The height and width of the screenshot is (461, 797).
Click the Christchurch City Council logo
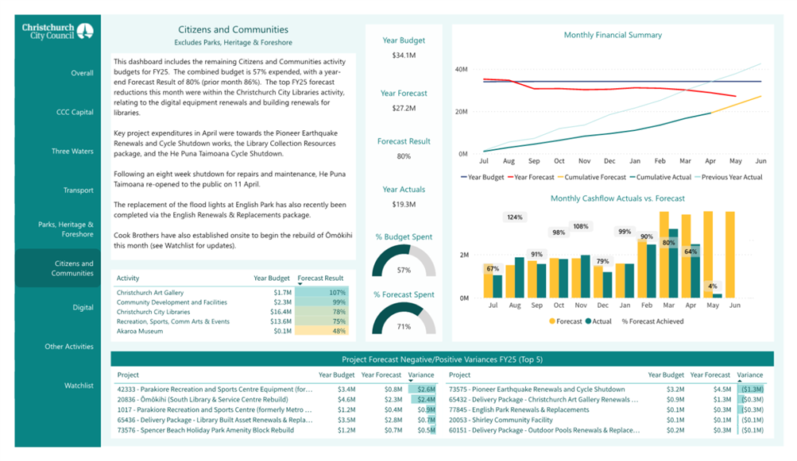[x=57, y=31]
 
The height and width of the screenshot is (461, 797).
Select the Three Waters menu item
[x=72, y=151]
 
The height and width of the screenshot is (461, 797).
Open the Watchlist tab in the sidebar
[x=79, y=386]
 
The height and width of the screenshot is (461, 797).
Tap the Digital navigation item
[x=83, y=307]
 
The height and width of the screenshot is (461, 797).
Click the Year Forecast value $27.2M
[x=404, y=108]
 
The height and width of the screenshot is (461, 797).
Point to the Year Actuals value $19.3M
[x=404, y=204]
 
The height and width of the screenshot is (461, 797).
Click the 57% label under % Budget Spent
[x=404, y=270]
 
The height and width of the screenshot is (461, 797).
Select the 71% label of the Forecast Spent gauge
[x=404, y=326]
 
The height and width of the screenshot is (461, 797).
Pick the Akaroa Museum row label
[x=140, y=331]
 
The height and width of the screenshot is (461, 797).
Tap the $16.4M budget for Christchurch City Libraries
[x=280, y=312]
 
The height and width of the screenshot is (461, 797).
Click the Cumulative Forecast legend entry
[x=592, y=177]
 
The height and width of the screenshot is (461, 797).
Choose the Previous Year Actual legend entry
[x=729, y=177]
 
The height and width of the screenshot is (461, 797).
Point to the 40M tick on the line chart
[x=461, y=69]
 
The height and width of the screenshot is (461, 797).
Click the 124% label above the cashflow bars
[x=514, y=217]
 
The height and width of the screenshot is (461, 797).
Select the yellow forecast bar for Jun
[x=730, y=255]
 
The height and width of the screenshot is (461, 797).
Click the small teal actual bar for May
[x=718, y=295]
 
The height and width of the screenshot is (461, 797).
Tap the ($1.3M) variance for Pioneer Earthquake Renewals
[x=752, y=390]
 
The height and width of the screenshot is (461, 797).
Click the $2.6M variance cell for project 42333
[x=426, y=390]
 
